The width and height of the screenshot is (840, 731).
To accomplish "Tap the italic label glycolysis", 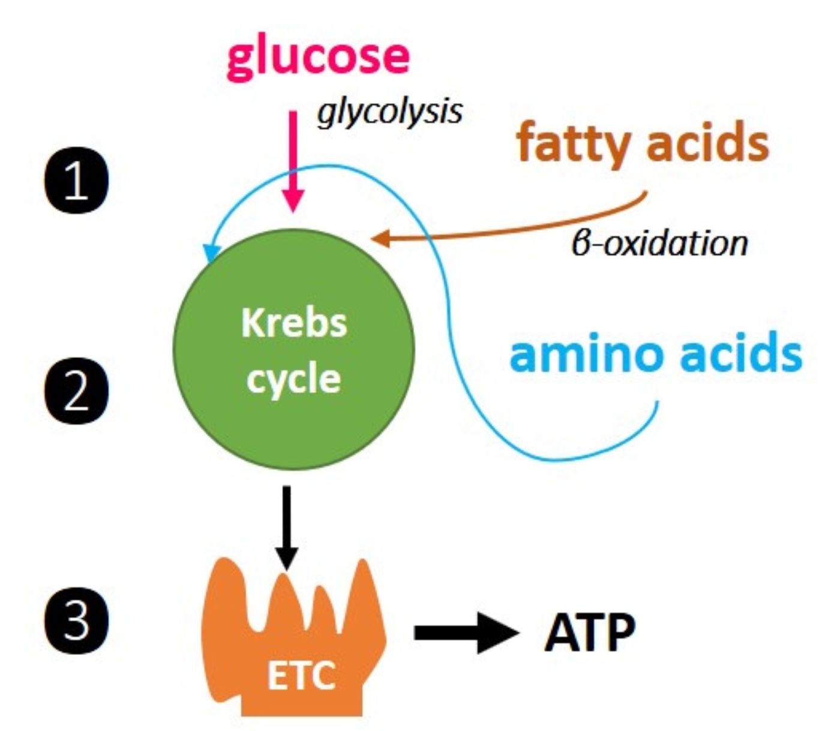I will click(x=389, y=111).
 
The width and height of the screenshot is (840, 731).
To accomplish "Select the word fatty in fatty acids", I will click(x=573, y=144).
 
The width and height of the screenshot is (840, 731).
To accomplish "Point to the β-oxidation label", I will click(x=659, y=243).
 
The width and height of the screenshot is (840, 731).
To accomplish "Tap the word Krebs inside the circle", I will click(x=294, y=323).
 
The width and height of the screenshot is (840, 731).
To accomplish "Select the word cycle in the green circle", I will click(x=294, y=379).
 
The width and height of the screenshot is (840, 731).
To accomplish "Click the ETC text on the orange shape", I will click(x=301, y=676).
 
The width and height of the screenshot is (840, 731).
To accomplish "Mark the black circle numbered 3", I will click(x=77, y=619).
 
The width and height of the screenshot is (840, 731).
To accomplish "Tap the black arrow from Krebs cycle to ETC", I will click(x=286, y=528).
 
